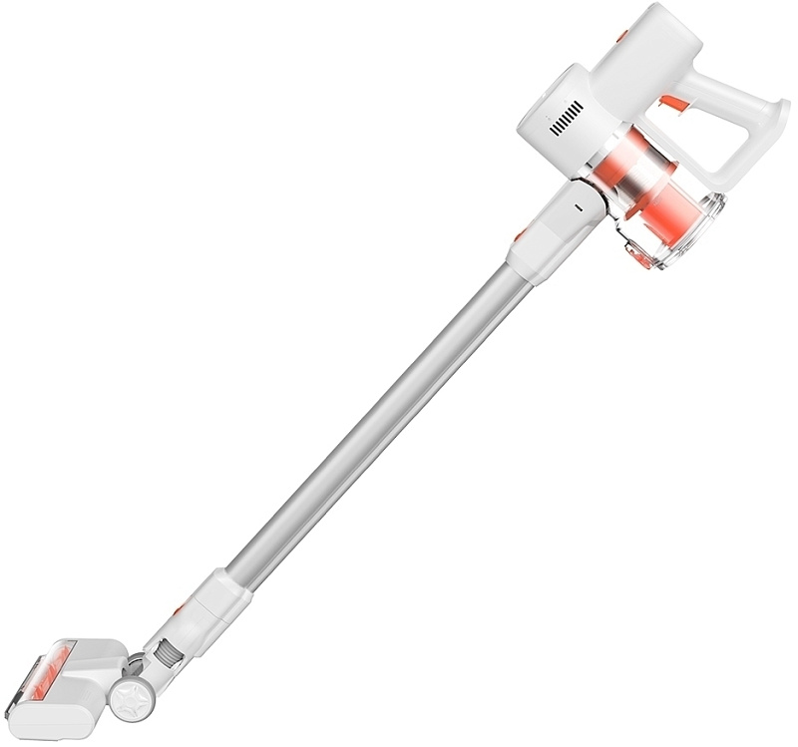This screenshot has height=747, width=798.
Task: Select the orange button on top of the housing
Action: [622, 36]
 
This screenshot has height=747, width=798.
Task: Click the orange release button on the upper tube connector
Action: [521, 235]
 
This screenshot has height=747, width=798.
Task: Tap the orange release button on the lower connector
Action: [178, 607]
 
